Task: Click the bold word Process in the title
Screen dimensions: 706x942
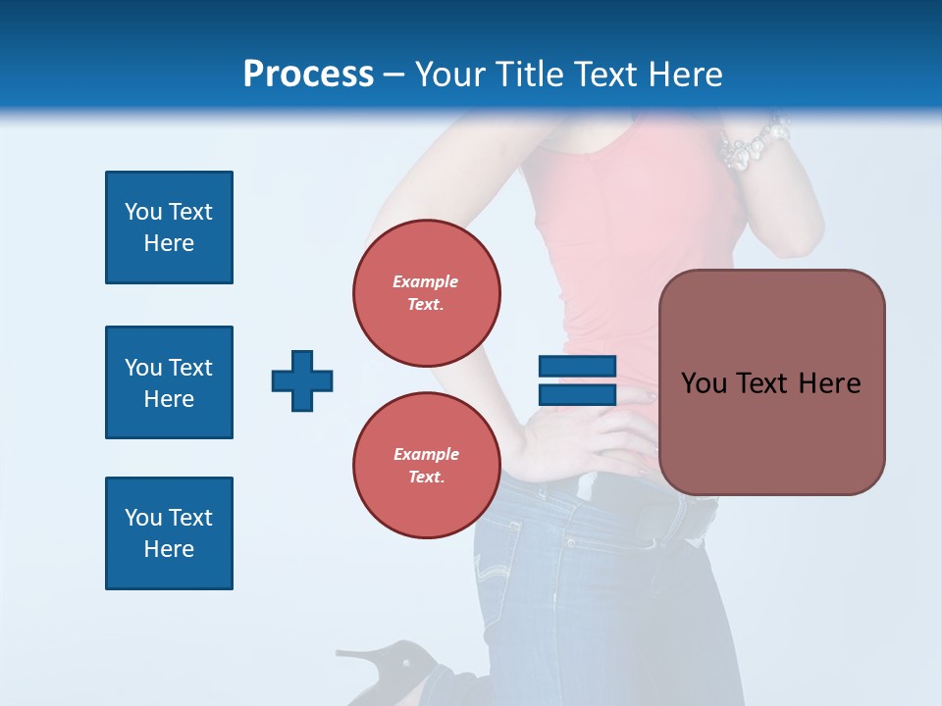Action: [x=308, y=75]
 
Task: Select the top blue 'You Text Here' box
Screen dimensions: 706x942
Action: [x=169, y=227]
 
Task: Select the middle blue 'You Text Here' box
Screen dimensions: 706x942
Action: [x=169, y=382]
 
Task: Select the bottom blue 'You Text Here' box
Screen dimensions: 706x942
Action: [x=169, y=533]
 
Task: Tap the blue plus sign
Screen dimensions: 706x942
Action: [x=302, y=380]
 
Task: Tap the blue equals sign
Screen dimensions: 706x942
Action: [x=577, y=380]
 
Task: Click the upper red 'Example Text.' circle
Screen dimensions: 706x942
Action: [x=426, y=292]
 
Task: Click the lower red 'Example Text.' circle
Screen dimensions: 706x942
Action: [x=426, y=465]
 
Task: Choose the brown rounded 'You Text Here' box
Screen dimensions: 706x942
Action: [x=771, y=382]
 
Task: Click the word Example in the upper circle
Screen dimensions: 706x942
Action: [x=426, y=281]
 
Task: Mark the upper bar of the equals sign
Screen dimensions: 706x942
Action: [x=577, y=367]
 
